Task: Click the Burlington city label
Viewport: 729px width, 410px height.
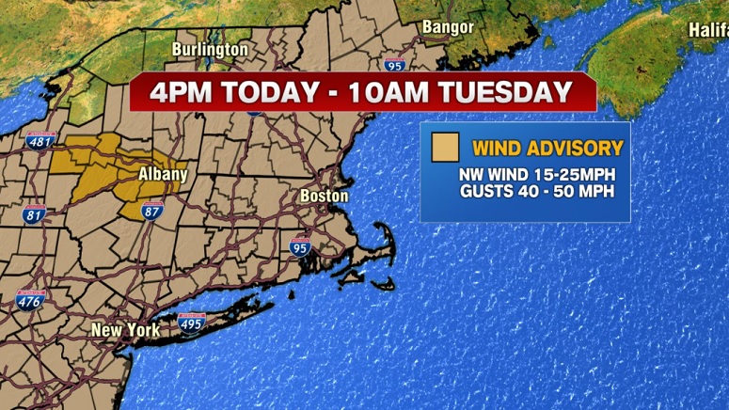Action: (210, 49)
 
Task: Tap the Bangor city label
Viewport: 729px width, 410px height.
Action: (448, 27)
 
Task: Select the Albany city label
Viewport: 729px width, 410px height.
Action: (162, 174)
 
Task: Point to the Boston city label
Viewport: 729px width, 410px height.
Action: (324, 197)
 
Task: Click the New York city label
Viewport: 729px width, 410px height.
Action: (125, 330)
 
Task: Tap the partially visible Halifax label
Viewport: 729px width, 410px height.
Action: (706, 30)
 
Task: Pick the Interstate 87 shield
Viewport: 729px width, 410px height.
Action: (152, 210)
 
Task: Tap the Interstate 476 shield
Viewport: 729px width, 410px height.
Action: (30, 300)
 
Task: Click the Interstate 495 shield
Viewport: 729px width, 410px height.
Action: (191, 324)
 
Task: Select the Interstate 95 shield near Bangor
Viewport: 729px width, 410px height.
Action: (395, 64)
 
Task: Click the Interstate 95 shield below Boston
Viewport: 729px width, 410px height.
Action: (300, 247)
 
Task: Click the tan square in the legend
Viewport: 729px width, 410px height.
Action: (445, 149)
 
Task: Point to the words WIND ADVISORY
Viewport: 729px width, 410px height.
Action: (547, 148)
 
